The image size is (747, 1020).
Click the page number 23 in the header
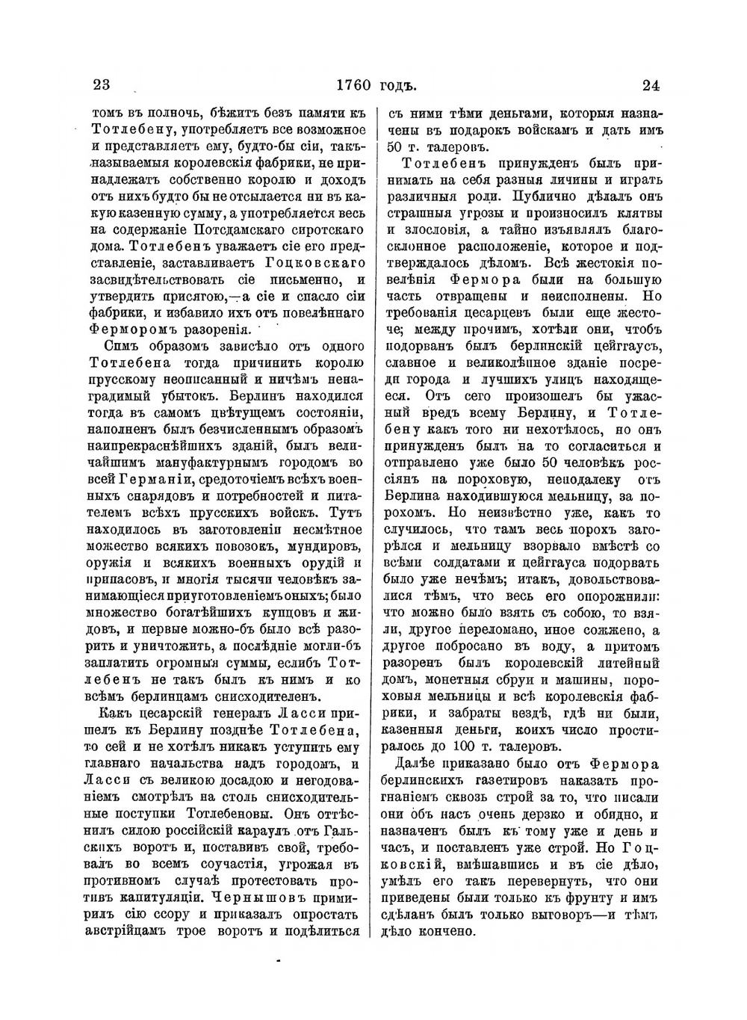tap(102, 84)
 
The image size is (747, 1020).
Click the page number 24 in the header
tap(650, 84)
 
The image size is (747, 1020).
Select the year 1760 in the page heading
tap(354, 84)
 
